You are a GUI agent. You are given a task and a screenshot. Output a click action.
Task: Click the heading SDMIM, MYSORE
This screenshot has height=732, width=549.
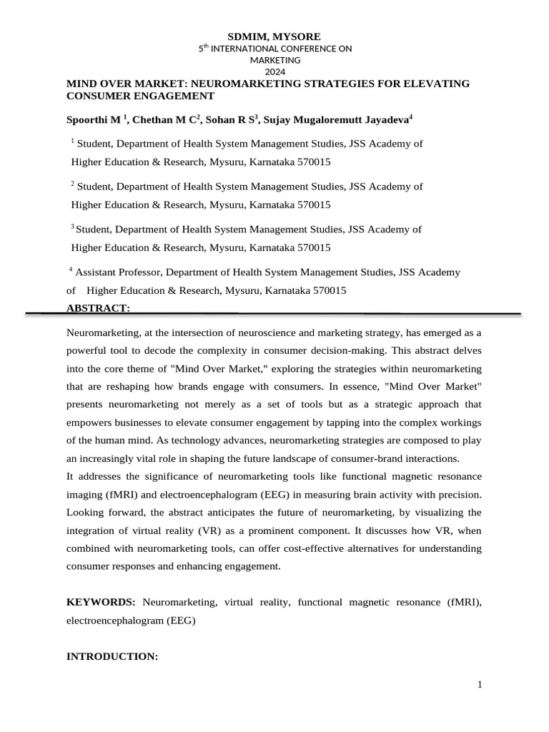274,36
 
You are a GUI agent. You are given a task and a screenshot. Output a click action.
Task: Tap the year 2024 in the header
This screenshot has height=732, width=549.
274,71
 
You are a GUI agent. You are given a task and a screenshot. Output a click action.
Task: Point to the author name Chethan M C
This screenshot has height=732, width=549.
164,120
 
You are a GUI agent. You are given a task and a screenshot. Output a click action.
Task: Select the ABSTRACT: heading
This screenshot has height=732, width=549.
98,308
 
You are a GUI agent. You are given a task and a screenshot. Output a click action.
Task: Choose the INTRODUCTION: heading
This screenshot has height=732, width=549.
112,656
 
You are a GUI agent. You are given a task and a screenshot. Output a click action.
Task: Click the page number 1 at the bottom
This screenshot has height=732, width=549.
480,686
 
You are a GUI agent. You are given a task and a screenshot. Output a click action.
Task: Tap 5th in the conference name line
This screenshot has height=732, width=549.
203,49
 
